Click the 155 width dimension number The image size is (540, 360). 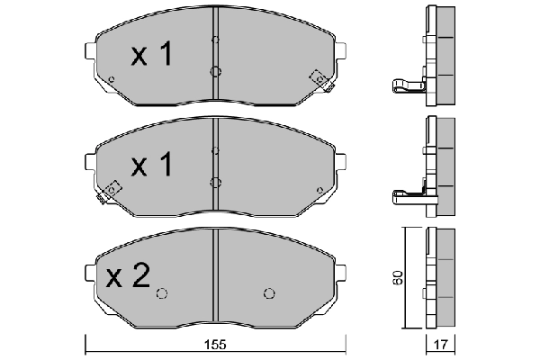point(213,343)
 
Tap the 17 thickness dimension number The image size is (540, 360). point(441,343)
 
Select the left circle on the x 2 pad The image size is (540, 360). point(162,292)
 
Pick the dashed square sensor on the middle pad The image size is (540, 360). point(112,189)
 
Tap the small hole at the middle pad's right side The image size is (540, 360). point(320,189)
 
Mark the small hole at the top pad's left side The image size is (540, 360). point(111,79)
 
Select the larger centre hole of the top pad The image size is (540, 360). point(214,73)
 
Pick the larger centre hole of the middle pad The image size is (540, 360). point(214,182)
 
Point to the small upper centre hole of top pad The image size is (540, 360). point(214,40)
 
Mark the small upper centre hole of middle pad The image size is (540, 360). point(214,149)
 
